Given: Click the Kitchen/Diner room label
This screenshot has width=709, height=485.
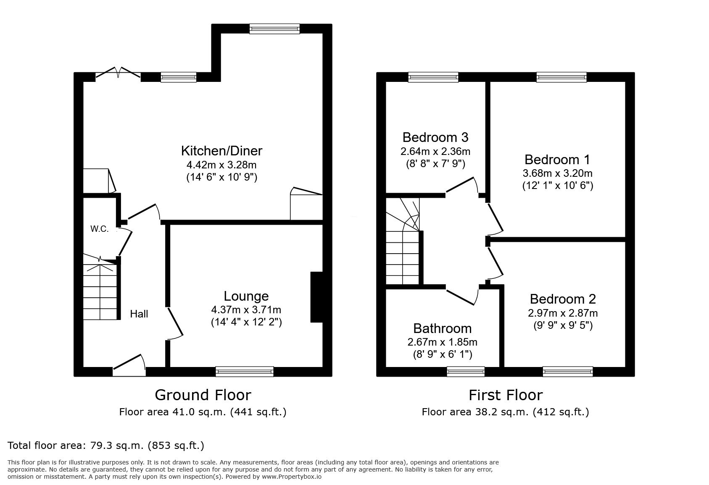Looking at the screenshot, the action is click(x=221, y=151).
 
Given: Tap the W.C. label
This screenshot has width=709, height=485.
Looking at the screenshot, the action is click(x=99, y=229).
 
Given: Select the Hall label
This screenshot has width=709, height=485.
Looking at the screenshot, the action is click(x=139, y=314).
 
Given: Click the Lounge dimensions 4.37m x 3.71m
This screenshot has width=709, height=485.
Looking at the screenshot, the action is click(x=246, y=309).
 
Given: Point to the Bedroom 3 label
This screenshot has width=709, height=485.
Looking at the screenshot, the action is click(x=435, y=137).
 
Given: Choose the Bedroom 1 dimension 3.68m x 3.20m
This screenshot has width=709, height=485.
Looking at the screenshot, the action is click(x=557, y=173).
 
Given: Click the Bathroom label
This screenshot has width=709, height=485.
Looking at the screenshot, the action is click(x=443, y=328).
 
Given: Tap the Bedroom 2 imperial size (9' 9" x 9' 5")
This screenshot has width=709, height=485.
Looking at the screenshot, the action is click(x=563, y=325).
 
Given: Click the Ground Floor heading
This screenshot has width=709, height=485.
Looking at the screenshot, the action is click(x=203, y=395).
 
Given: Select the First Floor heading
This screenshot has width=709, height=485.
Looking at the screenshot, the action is click(x=506, y=395).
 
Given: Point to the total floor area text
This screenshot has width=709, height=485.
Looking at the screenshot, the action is click(x=106, y=446).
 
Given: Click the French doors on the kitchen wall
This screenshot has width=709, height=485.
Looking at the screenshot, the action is click(x=118, y=73).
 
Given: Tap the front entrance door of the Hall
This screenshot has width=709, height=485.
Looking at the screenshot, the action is click(x=129, y=367).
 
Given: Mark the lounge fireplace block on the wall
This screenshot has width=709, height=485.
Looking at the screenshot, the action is click(x=316, y=297).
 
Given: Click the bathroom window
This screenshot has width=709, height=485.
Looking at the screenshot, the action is click(x=466, y=372).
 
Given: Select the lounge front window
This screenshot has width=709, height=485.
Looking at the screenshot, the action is click(x=244, y=372).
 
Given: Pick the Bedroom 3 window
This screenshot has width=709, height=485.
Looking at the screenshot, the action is click(x=433, y=77).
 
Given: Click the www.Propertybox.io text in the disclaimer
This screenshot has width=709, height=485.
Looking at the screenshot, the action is click(x=292, y=477).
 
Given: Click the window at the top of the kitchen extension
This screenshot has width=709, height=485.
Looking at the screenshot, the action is click(x=274, y=29).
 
